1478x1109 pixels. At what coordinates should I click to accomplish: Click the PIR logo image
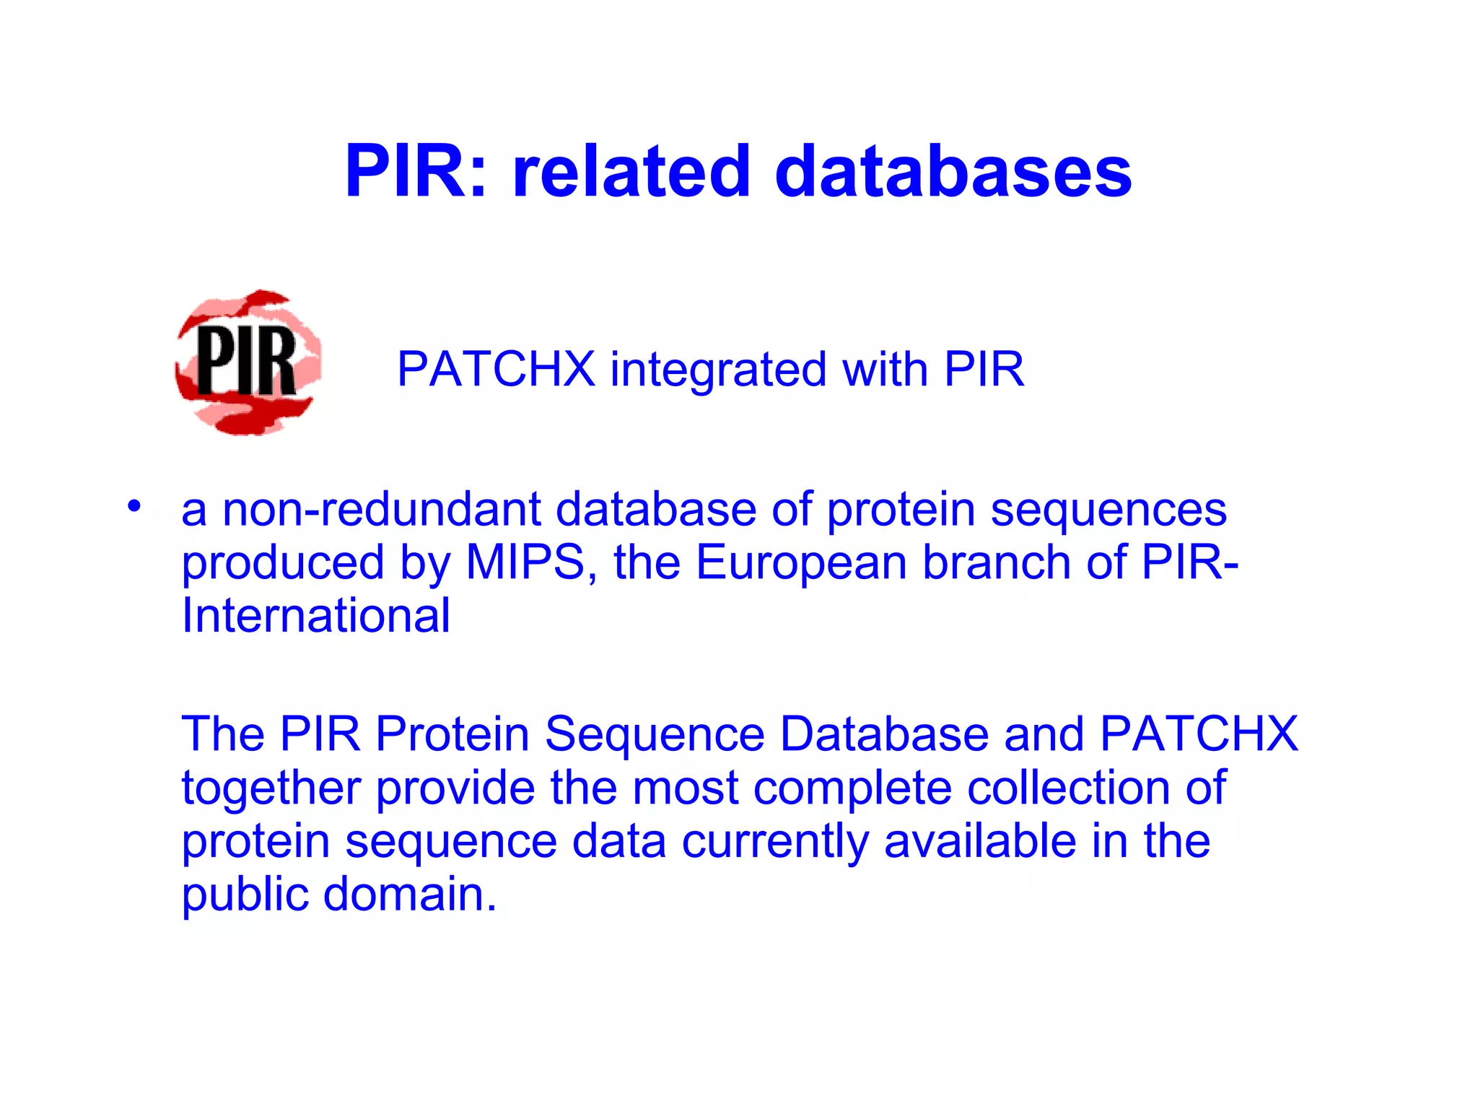pyautogui.click(x=248, y=362)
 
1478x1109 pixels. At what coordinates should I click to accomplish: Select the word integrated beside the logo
pyautogui.click(x=718, y=370)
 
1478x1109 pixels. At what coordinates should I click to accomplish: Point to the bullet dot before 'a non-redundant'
pyautogui.click(x=134, y=506)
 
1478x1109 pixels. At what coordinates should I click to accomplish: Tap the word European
pyautogui.click(x=800, y=564)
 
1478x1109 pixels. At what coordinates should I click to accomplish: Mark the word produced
pyautogui.click(x=282, y=564)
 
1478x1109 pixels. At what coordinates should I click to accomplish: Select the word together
pyautogui.click(x=270, y=788)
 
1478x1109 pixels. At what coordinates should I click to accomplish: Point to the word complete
pyautogui.click(x=852, y=788)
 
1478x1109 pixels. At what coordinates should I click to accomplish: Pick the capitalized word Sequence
pyautogui.click(x=654, y=735)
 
